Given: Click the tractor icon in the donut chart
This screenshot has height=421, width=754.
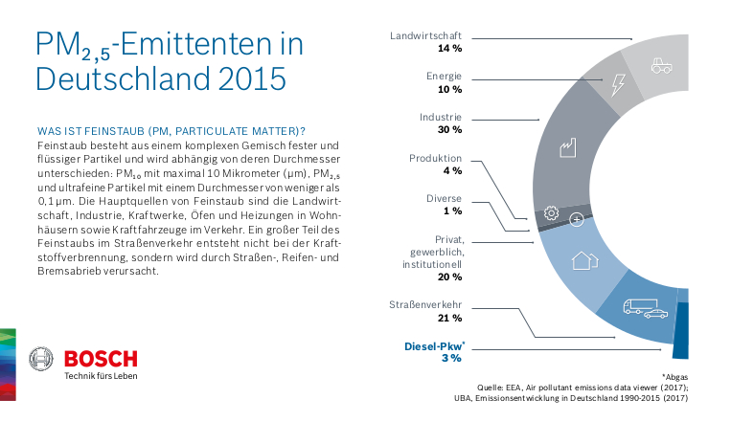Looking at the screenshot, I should point(661,65).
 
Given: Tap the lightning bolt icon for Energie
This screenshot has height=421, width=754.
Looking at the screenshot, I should point(618,83).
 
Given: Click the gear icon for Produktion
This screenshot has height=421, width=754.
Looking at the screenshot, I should point(551,213).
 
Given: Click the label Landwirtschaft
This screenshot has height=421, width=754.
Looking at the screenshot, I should point(426,35).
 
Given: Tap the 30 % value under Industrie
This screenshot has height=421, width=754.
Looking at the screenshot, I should point(449,129).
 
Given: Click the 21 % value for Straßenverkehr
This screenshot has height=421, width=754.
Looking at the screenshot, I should point(449,318).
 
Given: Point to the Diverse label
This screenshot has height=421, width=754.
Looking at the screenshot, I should point(444,198).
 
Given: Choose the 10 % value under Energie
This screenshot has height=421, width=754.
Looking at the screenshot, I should point(449,88).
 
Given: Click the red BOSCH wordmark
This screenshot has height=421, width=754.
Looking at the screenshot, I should point(101,359).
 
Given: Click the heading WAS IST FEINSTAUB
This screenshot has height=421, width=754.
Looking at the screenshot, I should point(171,129).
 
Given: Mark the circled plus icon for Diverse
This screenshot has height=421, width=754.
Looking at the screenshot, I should point(577,219).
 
